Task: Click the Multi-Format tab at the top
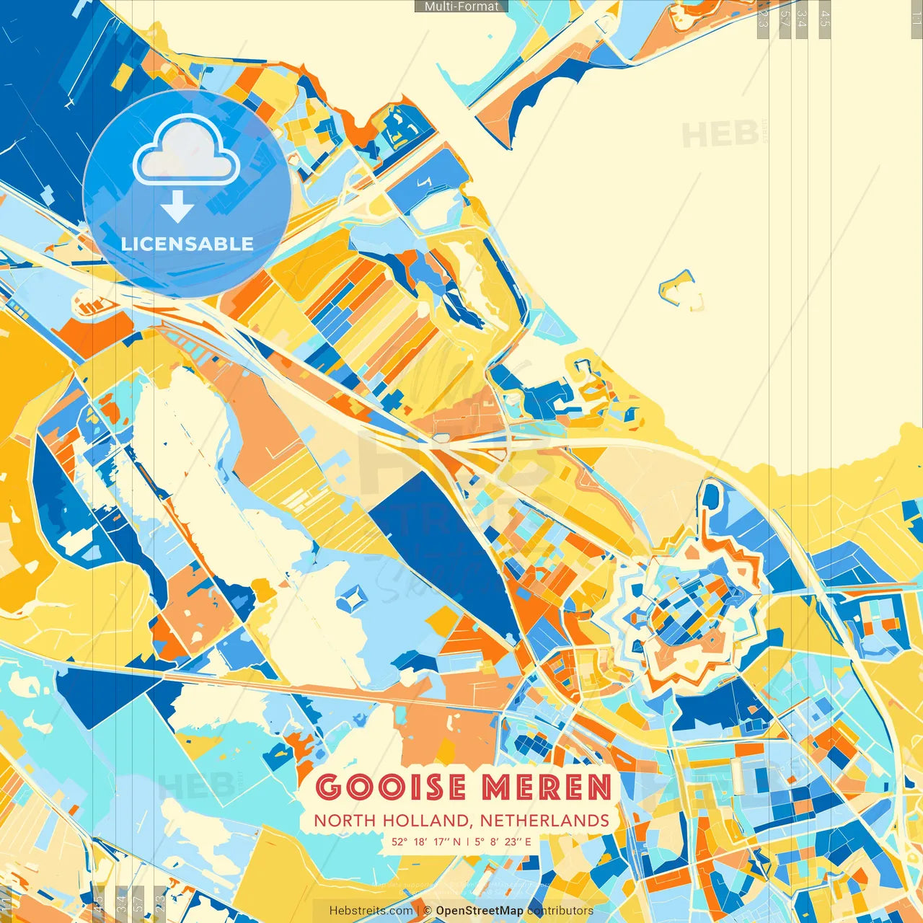tap(461, 6)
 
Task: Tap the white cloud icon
tap(186, 152)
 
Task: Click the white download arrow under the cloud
tap(177, 206)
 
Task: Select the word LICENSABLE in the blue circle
tap(187, 244)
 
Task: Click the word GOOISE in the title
tap(390, 787)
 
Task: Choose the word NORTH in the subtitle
tap(345, 821)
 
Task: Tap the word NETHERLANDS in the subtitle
tap(544, 821)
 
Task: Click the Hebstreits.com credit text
tap(371, 911)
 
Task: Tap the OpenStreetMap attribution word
tap(480, 911)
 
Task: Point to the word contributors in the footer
tap(560, 911)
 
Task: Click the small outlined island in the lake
tap(680, 288)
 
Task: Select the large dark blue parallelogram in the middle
tap(440, 548)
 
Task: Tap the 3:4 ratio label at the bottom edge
tap(121, 901)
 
